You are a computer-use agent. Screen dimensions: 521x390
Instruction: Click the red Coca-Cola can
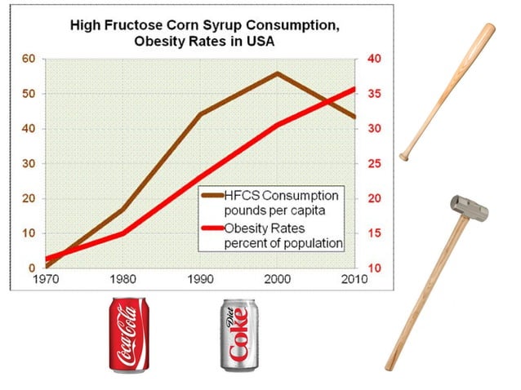[129, 335]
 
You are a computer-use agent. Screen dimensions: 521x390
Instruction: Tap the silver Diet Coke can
[239, 335]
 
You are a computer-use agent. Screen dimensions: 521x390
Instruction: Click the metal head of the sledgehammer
[470, 208]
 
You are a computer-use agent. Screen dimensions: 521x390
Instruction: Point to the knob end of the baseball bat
[403, 157]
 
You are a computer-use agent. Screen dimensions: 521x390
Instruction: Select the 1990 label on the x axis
[200, 279]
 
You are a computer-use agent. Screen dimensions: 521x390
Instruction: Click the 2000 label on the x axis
[278, 279]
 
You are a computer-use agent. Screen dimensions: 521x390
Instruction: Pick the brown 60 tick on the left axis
[29, 59]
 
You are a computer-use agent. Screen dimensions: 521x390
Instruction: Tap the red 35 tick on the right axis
[375, 94]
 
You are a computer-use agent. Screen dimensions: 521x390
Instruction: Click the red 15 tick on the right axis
[375, 233]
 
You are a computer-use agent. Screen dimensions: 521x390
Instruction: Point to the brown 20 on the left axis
[29, 198]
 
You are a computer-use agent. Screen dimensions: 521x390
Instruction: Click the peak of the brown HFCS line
[278, 73]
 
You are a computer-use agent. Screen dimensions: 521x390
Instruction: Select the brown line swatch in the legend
[212, 196]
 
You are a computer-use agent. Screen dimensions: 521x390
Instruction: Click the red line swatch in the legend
[212, 228]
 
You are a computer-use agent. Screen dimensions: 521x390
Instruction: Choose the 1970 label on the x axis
[46, 279]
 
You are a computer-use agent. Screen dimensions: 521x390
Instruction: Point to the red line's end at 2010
[355, 89]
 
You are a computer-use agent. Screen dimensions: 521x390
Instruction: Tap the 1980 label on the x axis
[123, 279]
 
